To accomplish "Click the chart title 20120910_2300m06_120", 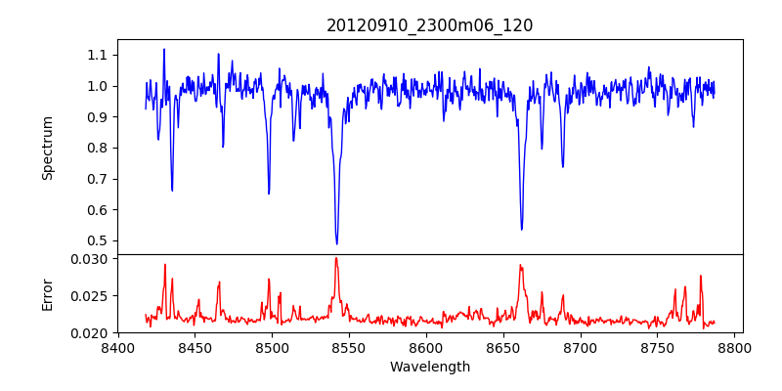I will click(429, 25).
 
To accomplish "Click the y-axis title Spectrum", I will click(47, 148).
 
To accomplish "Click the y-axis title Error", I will click(47, 293).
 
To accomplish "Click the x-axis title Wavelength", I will click(429, 368).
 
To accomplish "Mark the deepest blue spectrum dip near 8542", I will click(336, 243).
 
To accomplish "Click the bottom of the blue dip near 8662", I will click(522, 229).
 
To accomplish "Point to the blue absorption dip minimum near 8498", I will click(269, 193).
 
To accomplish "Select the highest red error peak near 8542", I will click(336, 258).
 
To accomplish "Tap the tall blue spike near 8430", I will click(164, 49).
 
